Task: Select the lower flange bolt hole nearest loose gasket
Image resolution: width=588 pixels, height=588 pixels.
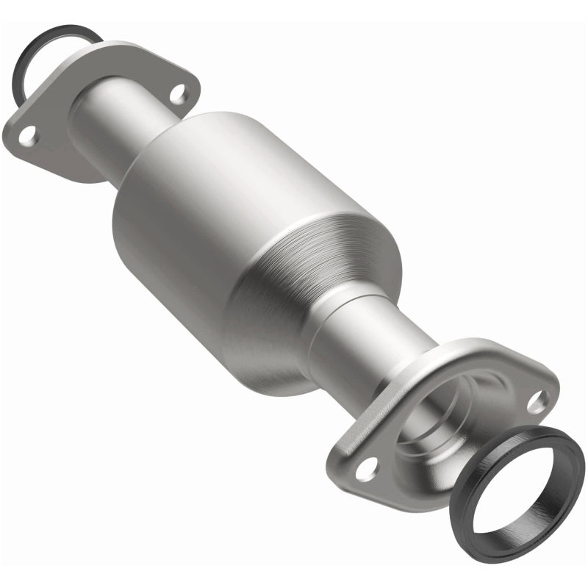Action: tap(539, 401)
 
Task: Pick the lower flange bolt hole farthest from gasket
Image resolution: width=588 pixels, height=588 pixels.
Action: tap(368, 465)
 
